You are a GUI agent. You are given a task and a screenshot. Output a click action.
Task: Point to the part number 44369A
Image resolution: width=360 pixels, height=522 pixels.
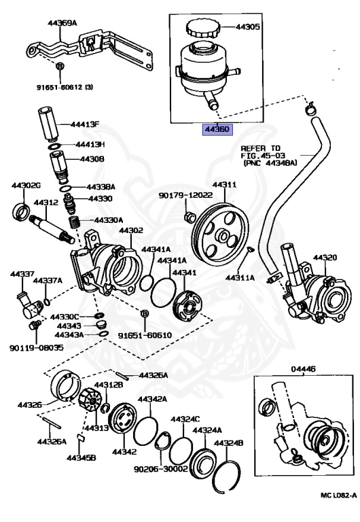click(x=62, y=23)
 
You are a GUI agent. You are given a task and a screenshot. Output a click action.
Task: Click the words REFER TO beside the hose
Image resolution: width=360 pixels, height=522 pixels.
click(x=259, y=147)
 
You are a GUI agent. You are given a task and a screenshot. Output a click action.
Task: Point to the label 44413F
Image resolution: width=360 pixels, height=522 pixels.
click(x=87, y=124)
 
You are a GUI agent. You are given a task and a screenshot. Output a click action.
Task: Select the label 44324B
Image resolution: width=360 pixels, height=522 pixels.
click(x=230, y=442)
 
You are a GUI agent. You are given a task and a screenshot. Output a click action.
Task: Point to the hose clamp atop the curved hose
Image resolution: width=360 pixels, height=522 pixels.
click(x=309, y=107)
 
